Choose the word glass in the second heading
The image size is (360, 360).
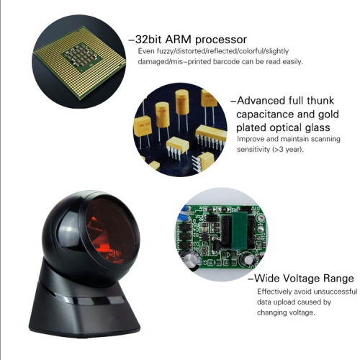(318, 128)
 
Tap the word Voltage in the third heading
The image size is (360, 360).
(302, 279)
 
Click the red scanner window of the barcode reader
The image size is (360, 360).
(112, 231)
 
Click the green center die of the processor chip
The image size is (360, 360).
(81, 57)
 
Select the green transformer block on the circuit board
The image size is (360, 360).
(238, 230)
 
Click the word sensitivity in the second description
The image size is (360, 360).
(253, 150)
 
